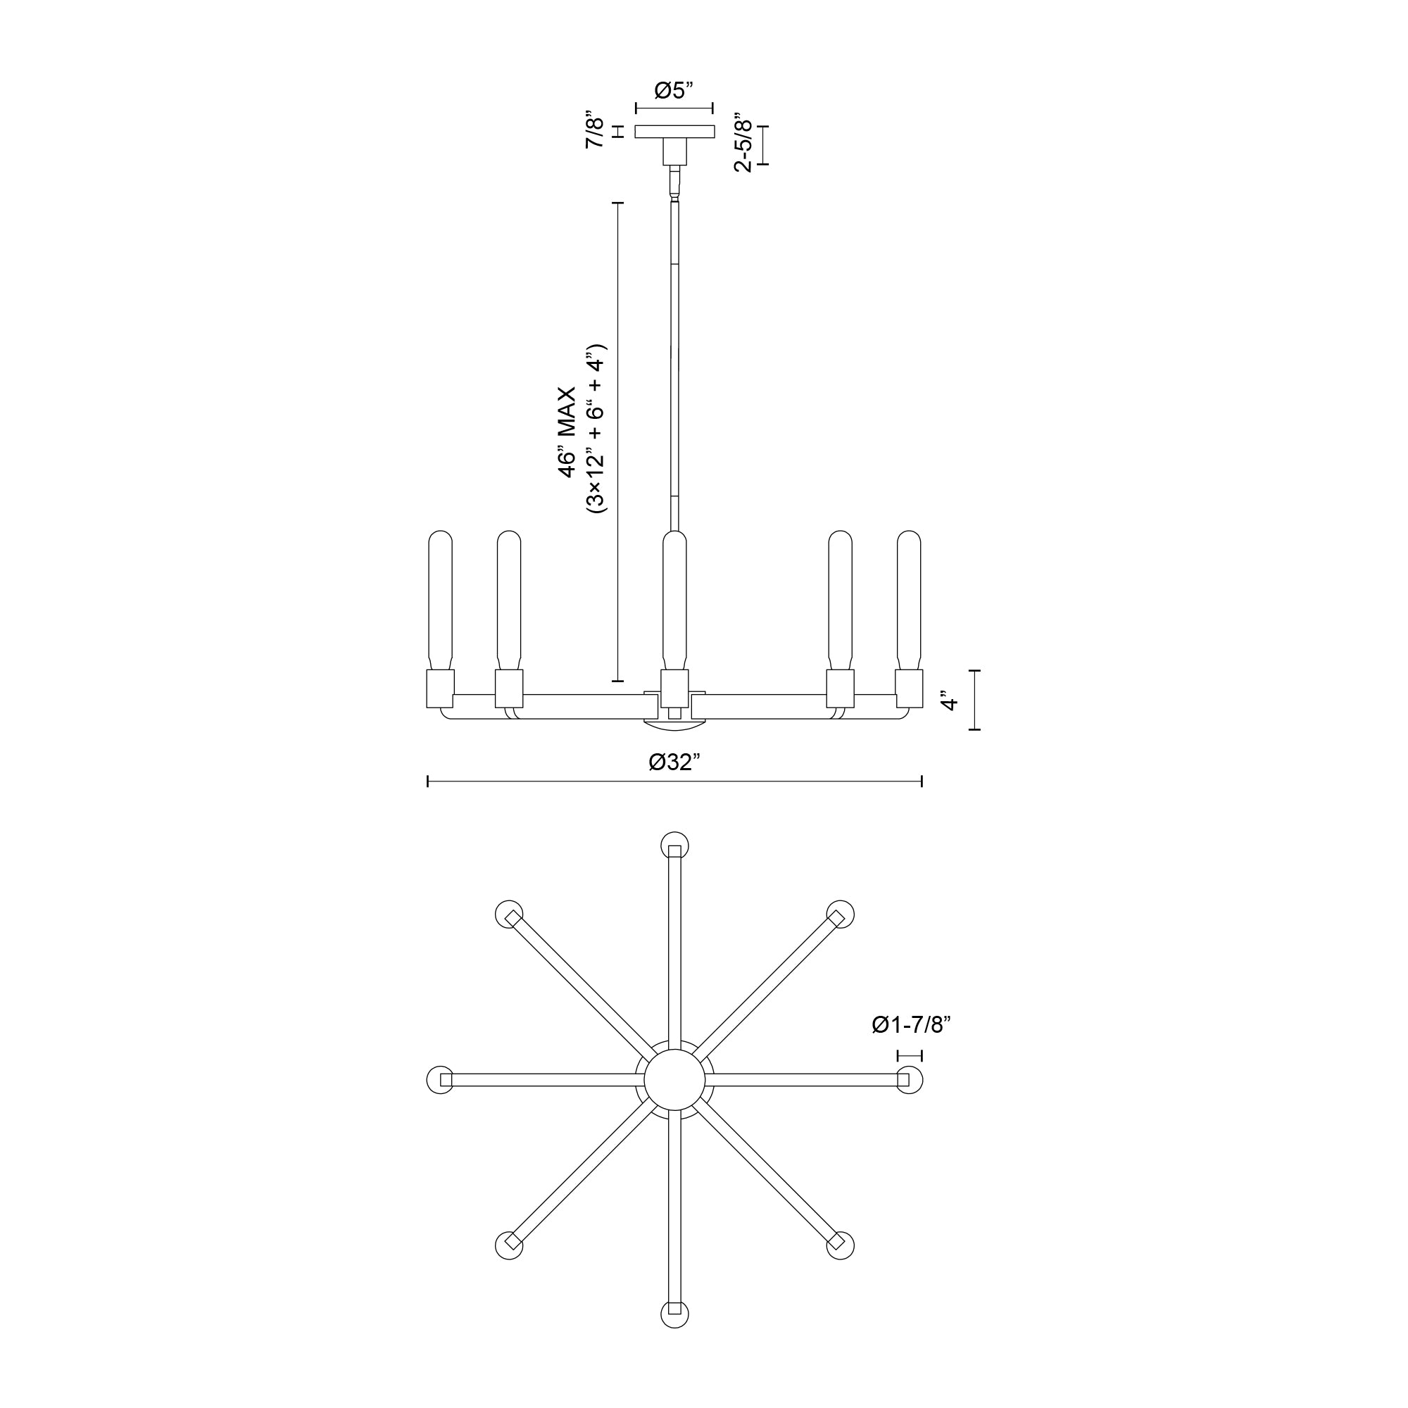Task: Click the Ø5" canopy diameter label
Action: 674,91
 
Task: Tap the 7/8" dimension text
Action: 596,132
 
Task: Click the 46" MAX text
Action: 567,432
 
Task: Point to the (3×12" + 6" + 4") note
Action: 596,429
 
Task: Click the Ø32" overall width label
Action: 674,762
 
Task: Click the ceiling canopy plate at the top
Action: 674,132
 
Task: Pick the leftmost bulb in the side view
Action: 440,601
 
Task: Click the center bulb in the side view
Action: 674,601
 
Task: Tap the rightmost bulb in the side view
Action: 909,601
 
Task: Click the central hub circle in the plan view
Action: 674,1080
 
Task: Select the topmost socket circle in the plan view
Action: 674,846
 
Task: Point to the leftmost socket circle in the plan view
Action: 440,1080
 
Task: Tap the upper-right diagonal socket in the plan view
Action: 841,914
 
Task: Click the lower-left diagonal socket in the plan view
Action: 509,1245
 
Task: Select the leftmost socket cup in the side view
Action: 440,689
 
